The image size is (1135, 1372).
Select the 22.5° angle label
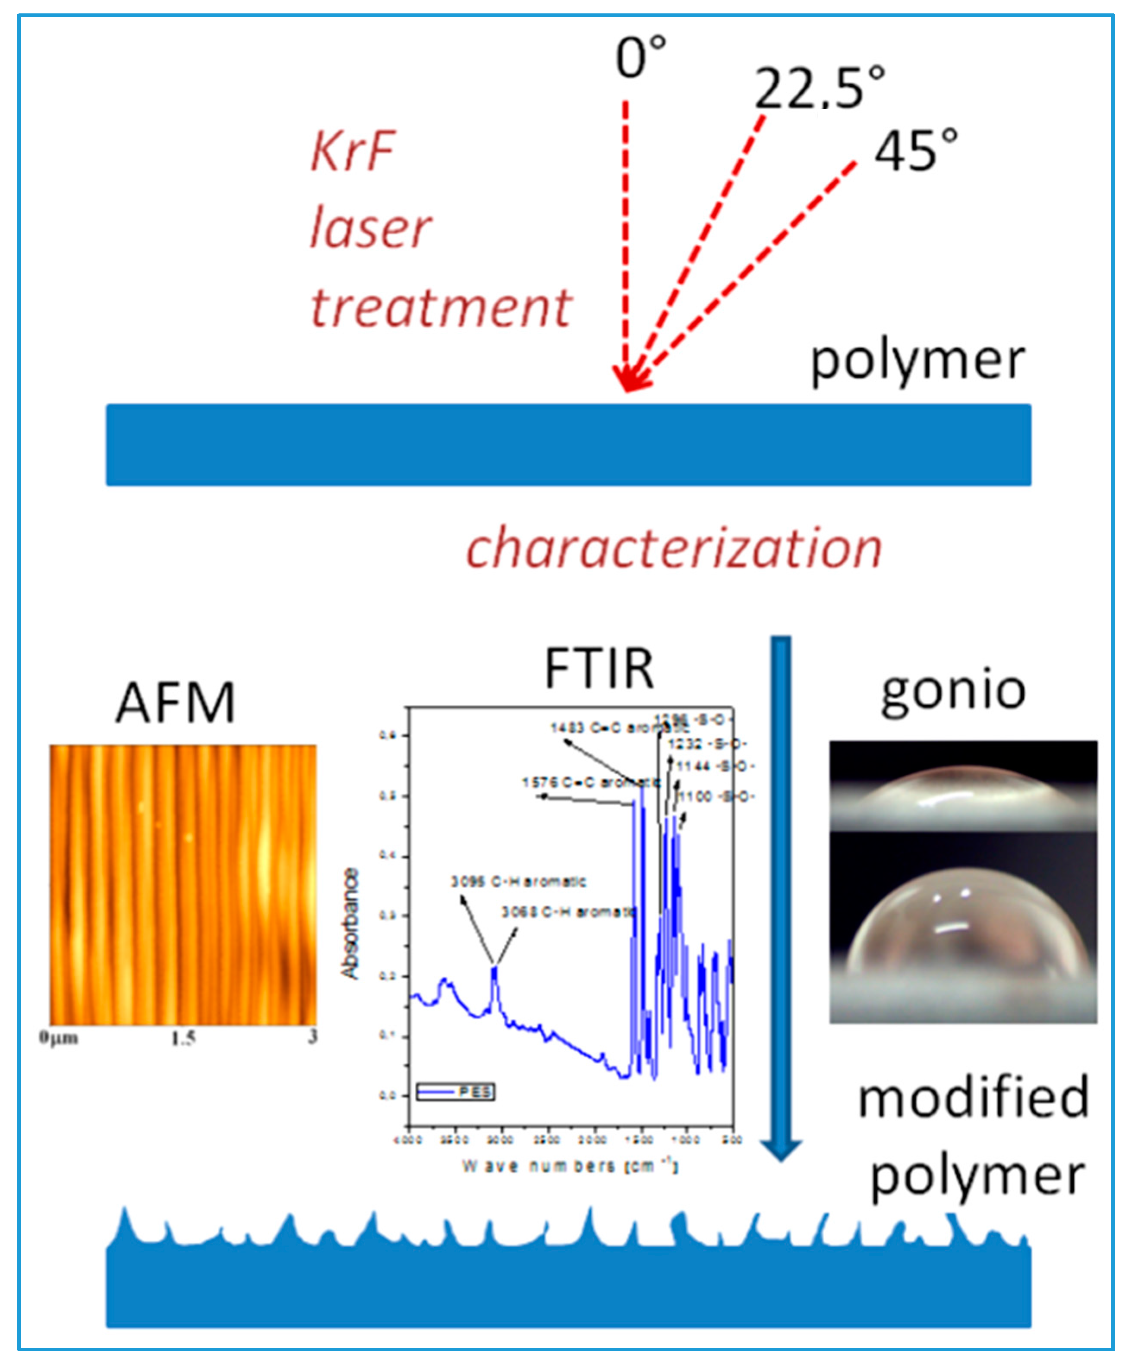(820, 88)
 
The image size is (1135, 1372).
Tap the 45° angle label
(915, 151)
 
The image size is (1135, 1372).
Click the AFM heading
(175, 703)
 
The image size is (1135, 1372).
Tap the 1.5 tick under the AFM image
(183, 1039)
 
